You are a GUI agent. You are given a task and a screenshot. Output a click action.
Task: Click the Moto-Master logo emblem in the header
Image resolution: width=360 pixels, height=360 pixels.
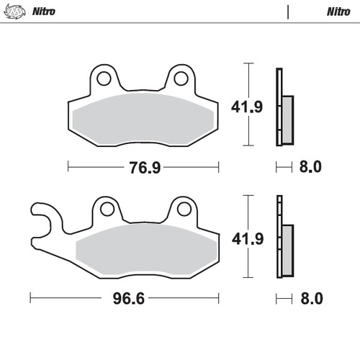(x=15, y=12)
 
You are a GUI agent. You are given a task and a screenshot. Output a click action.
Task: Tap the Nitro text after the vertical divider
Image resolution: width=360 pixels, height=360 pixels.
(x=337, y=12)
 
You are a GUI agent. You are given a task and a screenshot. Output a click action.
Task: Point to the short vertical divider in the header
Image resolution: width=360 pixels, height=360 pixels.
(x=288, y=12)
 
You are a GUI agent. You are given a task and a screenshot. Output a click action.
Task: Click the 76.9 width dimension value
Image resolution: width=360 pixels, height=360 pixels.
(x=144, y=168)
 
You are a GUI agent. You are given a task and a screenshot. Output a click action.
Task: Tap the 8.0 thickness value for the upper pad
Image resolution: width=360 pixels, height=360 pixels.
(x=310, y=168)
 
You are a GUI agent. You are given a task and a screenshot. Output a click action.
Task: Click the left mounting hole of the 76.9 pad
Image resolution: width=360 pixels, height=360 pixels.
(x=103, y=78)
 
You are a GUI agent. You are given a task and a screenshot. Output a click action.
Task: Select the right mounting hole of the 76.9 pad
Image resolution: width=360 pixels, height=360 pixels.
(x=181, y=78)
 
